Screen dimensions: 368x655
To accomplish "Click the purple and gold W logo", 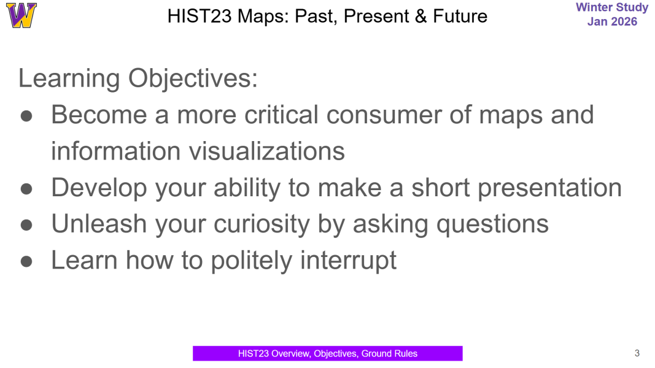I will pyautogui.click(x=21, y=15).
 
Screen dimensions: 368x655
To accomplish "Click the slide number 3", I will pyautogui.click(x=637, y=353).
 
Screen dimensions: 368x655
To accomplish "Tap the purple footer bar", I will pyautogui.click(x=327, y=353).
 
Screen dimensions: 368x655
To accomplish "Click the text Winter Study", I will pyautogui.click(x=612, y=8).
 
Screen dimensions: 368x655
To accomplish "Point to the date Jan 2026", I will pyautogui.click(x=612, y=22).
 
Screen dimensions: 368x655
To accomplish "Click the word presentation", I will pyautogui.click(x=549, y=187).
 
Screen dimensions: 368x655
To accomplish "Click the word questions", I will pyautogui.click(x=492, y=224).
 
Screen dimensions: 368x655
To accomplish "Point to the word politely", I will pyautogui.click(x=252, y=260).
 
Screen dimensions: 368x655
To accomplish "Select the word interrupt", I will pyautogui.click(x=348, y=260).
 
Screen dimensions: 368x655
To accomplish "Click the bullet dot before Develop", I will pyautogui.click(x=26, y=188).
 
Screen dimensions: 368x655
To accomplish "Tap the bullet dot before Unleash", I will pyautogui.click(x=26, y=224).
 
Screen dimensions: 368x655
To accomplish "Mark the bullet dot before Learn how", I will pyautogui.click(x=26, y=261).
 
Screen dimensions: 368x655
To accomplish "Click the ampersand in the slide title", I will pyautogui.click(x=421, y=16).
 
